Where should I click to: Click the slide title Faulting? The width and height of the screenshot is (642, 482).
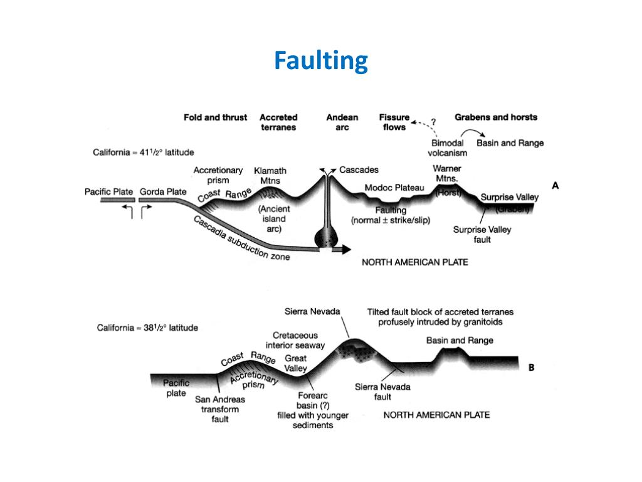(320, 62)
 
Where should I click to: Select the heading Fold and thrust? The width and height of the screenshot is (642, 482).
(215, 117)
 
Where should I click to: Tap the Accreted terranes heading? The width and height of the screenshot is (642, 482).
(278, 122)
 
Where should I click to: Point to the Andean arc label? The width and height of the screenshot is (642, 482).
(342, 122)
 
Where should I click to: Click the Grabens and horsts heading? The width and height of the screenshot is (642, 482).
(496, 117)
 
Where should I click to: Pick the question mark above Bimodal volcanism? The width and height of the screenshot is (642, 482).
(433, 122)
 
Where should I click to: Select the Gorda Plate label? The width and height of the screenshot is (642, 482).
(163, 191)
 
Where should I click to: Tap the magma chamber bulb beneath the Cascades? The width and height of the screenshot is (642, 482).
(327, 239)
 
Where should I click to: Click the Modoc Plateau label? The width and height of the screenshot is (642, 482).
(394, 188)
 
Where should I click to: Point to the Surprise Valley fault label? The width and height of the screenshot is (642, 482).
(482, 234)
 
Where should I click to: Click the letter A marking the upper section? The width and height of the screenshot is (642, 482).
(555, 185)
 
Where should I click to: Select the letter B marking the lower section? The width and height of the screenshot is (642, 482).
(531, 368)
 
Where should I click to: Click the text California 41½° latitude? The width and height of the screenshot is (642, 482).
(144, 152)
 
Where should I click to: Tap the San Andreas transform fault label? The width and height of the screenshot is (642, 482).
(219, 409)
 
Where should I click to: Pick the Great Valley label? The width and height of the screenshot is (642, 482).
(296, 363)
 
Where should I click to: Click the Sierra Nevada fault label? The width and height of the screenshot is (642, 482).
(382, 392)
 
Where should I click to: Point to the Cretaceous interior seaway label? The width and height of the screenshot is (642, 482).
(295, 340)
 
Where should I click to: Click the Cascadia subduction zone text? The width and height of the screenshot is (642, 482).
(241, 239)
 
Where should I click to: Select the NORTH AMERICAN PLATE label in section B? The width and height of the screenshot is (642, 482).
(436, 415)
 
